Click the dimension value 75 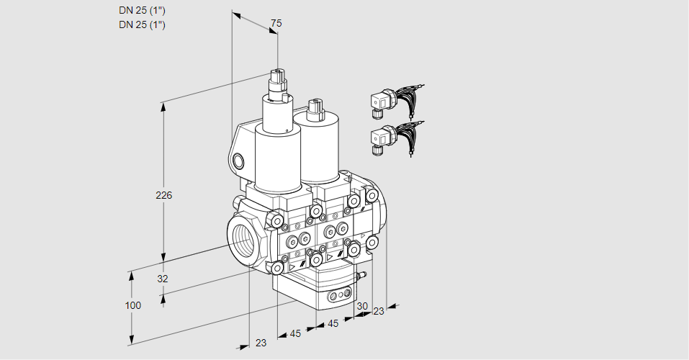(276, 23)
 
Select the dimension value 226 (164, 195)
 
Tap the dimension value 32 (163, 279)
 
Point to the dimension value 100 (133, 305)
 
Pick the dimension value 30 (362, 306)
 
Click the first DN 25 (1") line (142, 11)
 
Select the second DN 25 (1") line (142, 24)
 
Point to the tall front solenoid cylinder (278, 158)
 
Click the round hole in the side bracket (238, 161)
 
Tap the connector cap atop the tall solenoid (278, 84)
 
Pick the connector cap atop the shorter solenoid (315, 110)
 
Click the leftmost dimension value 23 (261, 343)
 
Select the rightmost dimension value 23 (378, 311)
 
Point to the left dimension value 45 (295, 333)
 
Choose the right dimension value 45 (333, 323)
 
